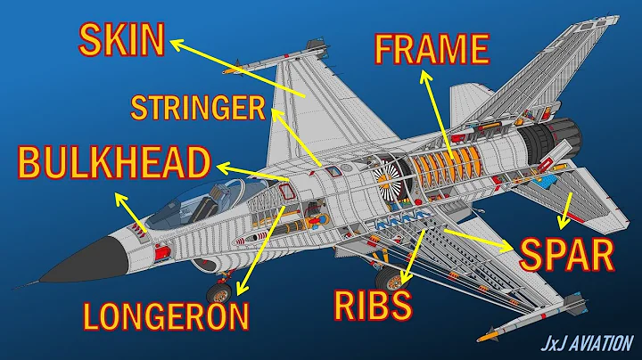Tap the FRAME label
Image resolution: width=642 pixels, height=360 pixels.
[432, 49]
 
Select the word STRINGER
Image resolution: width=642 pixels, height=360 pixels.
[198, 109]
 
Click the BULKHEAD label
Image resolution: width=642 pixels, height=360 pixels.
[114, 164]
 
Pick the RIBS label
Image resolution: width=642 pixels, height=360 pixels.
[373, 305]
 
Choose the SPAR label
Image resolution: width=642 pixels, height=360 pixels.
[568, 256]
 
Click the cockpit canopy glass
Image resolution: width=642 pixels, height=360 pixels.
[183, 200]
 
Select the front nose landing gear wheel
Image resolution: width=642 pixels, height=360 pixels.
[218, 291]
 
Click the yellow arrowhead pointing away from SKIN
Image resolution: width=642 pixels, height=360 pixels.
[175, 41]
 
